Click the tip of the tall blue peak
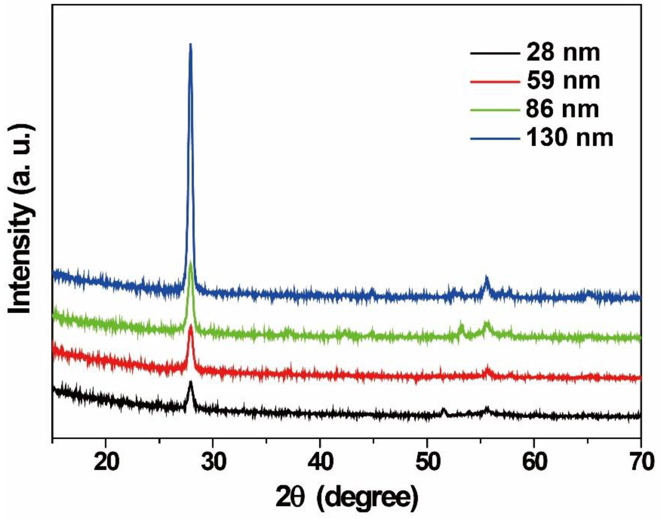190,45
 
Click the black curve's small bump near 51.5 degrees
444,409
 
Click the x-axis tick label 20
105,462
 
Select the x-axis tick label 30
213,462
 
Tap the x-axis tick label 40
320,462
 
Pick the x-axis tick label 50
427,462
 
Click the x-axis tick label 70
641,462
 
